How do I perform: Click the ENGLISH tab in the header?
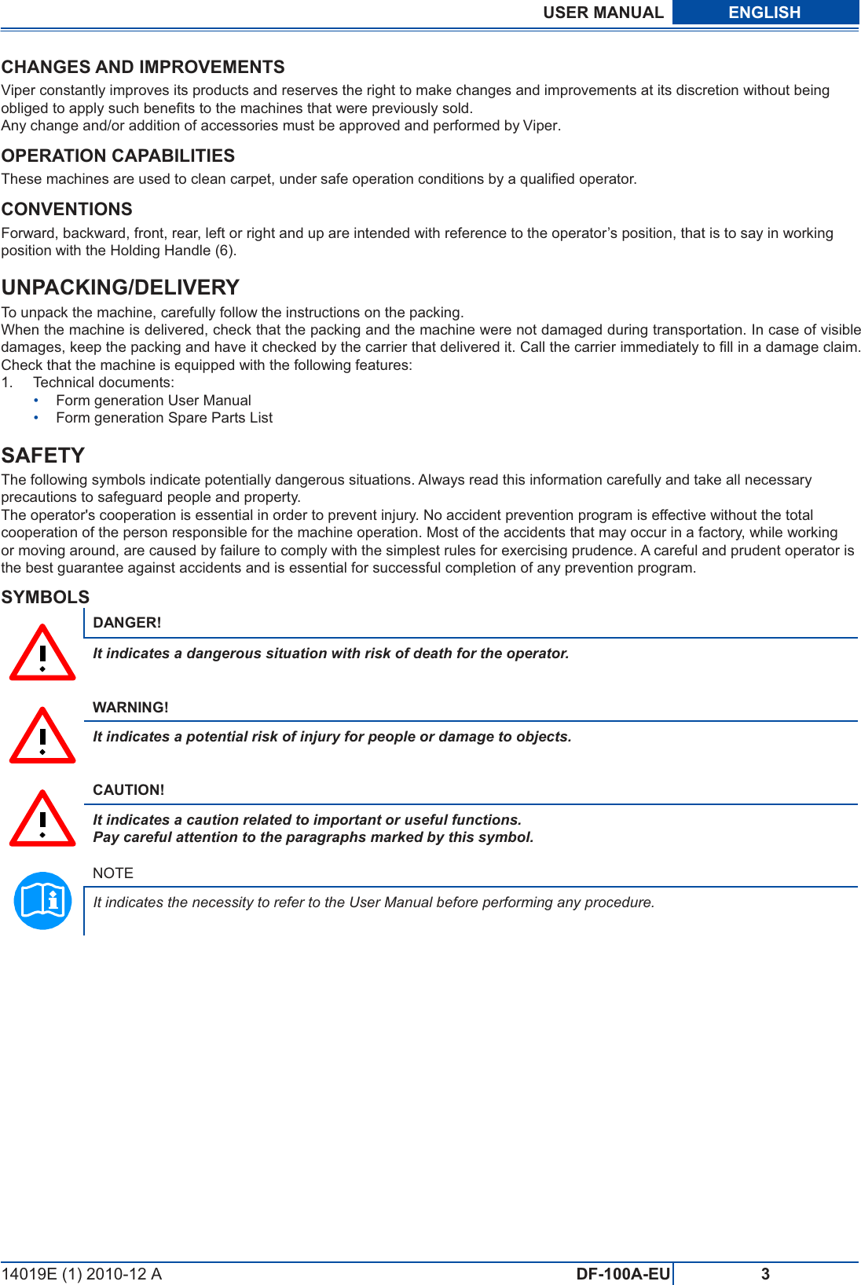pos(764,13)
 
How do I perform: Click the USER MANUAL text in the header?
pos(603,13)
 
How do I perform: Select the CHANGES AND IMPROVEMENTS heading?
pos(143,67)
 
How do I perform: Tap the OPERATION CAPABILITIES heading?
pos(118,156)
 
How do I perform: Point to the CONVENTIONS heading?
pos(67,209)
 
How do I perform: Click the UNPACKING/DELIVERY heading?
pos(120,287)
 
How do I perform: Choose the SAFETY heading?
pos(43,456)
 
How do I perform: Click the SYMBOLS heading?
pos(46,597)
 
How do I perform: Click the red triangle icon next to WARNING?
pos(42,738)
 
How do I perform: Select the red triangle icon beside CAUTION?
pos(42,821)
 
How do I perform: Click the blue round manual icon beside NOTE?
pos(43,901)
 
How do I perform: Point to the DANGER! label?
pos(127,623)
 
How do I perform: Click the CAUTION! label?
pos(129,790)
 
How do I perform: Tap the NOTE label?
pos(113,873)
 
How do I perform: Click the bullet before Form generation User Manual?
pos(36,401)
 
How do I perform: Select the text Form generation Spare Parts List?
pos(164,418)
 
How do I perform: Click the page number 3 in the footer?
pos(765,1274)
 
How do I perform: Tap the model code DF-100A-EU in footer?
pos(623,1274)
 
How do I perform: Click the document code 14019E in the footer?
pos(29,1274)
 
